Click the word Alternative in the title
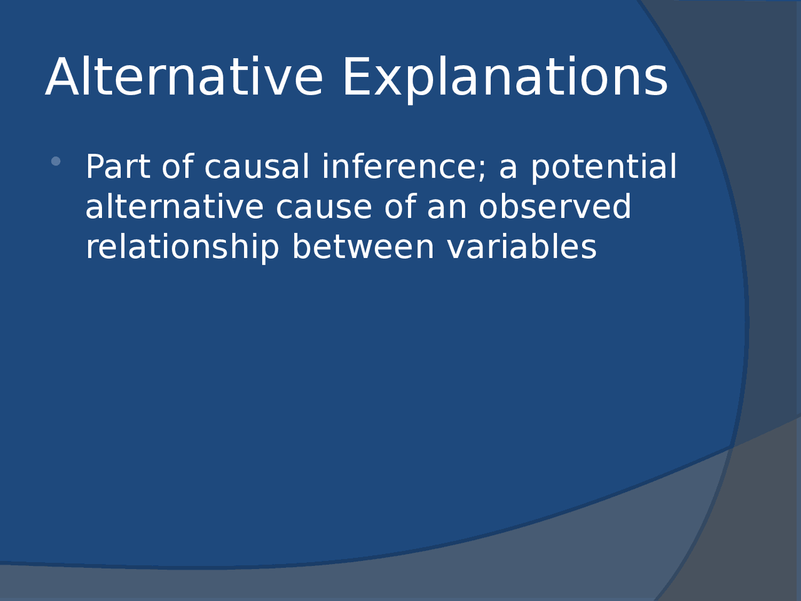[184, 77]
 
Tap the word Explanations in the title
[504, 78]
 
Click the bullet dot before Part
[56, 161]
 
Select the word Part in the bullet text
[118, 167]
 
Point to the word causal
[257, 167]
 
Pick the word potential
[603, 167]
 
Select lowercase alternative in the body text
[174, 207]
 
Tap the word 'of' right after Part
[177, 167]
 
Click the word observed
[554, 207]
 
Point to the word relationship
[181, 247]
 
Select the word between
[363, 247]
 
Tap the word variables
[522, 247]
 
